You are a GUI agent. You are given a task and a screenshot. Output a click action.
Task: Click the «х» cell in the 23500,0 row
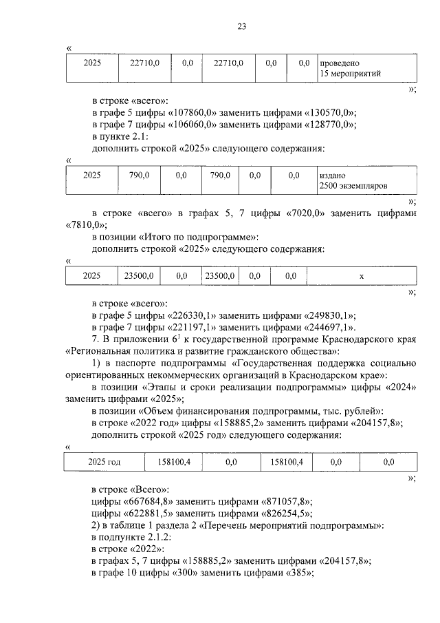pyautogui.click(x=362, y=275)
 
